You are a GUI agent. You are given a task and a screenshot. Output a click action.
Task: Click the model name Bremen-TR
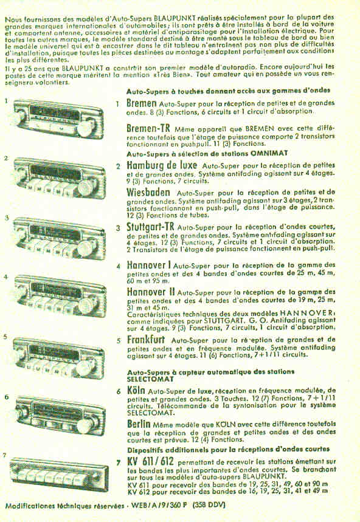(x=148, y=129)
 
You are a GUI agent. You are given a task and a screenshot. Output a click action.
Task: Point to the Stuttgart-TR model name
(x=154, y=228)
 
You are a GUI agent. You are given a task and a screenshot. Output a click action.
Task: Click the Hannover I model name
(x=149, y=265)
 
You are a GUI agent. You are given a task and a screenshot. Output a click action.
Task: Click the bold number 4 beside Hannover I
(x=119, y=266)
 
